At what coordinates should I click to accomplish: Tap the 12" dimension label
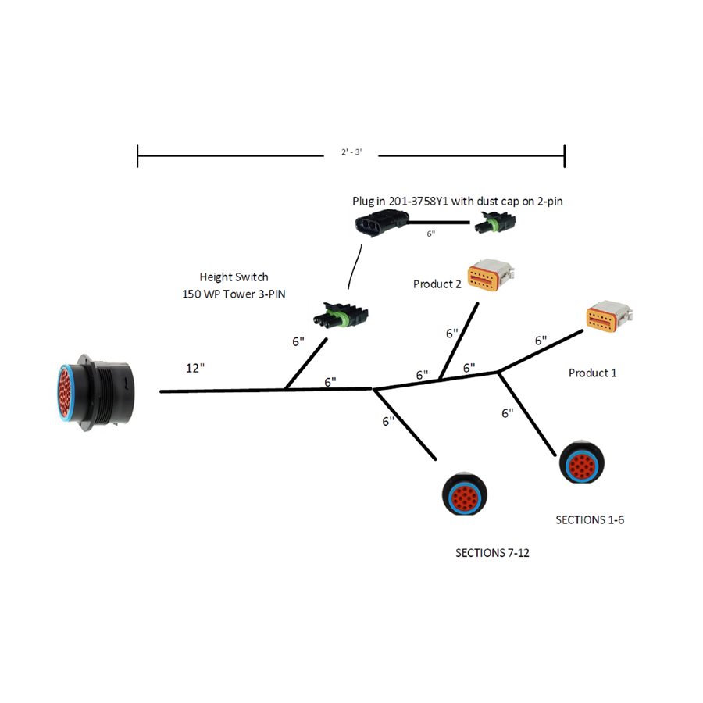coord(195,368)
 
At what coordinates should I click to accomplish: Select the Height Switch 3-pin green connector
coord(340,314)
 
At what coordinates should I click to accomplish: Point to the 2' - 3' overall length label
coord(350,153)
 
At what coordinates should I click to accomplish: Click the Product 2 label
coord(437,284)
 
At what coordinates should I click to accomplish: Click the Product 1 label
coord(592,373)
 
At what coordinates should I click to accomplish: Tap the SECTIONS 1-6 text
coord(589,519)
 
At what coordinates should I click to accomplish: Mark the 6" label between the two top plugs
coord(430,234)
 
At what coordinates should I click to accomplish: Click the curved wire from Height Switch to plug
coord(353,269)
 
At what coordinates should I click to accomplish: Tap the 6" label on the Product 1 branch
coord(541,341)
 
